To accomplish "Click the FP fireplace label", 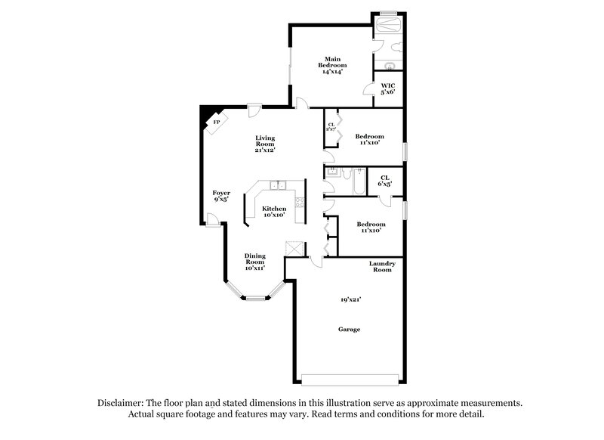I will (217, 122).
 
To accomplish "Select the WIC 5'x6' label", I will (388, 89).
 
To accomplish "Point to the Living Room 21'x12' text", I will (264, 144).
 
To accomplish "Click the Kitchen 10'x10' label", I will (274, 211).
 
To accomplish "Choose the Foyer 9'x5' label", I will (220, 197).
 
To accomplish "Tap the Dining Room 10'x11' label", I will (254, 262).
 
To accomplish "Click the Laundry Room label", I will (381, 266).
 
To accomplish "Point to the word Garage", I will (348, 330).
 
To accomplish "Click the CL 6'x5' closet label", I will (384, 181).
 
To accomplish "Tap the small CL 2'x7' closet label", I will (331, 126).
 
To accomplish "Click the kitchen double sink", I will (277, 184).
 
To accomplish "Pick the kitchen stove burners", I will (299, 202).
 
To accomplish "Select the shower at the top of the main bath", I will (389, 25).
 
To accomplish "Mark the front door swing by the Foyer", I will (214, 220).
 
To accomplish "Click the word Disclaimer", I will (120, 403).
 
